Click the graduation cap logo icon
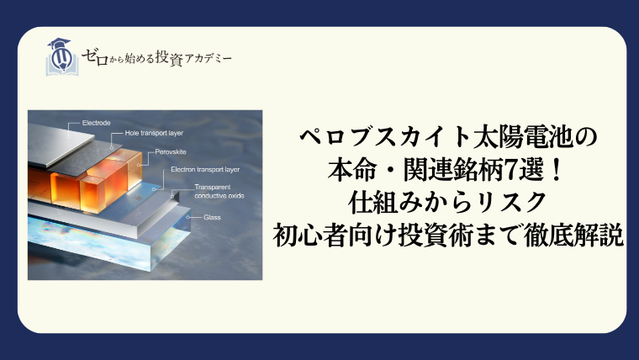62,56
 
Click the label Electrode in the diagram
96,123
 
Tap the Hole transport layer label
154,133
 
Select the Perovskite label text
171,151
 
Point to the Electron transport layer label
205,169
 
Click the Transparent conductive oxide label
219,191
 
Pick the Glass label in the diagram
212,217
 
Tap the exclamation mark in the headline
553,170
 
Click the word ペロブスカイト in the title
384,136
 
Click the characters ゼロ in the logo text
95,57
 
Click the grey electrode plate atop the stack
61,144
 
